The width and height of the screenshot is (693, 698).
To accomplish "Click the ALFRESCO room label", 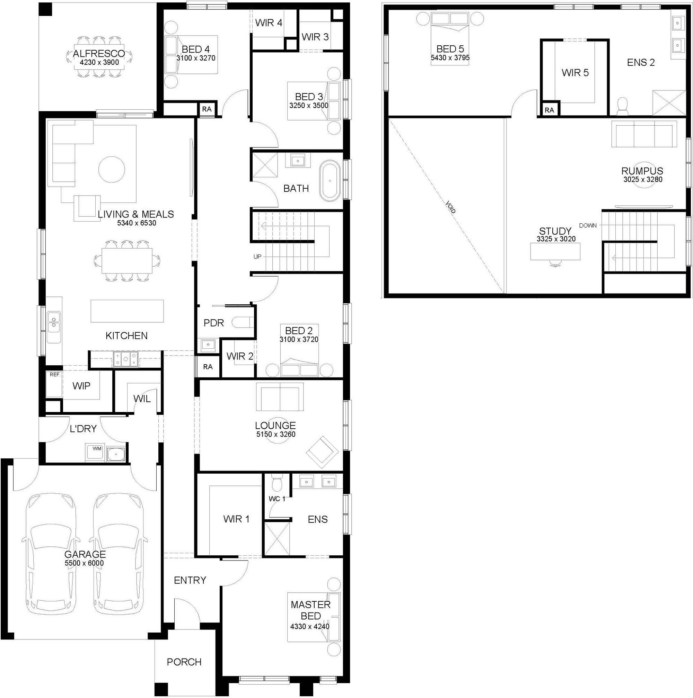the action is pyautogui.click(x=99, y=53).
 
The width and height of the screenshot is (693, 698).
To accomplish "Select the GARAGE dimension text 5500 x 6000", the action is pyautogui.click(x=84, y=563).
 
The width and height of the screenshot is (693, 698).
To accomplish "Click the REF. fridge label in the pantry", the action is pyautogui.click(x=55, y=375).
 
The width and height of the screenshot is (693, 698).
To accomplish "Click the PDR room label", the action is pyautogui.click(x=214, y=323).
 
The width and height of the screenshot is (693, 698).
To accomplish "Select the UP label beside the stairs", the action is pyautogui.click(x=257, y=257).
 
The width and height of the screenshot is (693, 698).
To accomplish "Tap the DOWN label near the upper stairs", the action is pyautogui.click(x=588, y=225).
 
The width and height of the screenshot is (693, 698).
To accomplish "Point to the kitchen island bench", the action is pyautogui.click(x=127, y=311).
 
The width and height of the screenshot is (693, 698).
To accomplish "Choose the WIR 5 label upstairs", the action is pyautogui.click(x=575, y=73).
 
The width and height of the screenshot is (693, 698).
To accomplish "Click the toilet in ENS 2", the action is pyautogui.click(x=622, y=106).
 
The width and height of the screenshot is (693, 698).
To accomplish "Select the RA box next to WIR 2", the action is pyautogui.click(x=208, y=367).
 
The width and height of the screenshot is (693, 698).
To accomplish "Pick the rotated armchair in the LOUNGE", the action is pyautogui.click(x=323, y=453).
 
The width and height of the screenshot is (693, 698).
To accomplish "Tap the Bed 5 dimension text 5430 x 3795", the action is pyautogui.click(x=450, y=57).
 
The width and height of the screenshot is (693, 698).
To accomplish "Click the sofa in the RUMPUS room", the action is pyautogui.click(x=644, y=134).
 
